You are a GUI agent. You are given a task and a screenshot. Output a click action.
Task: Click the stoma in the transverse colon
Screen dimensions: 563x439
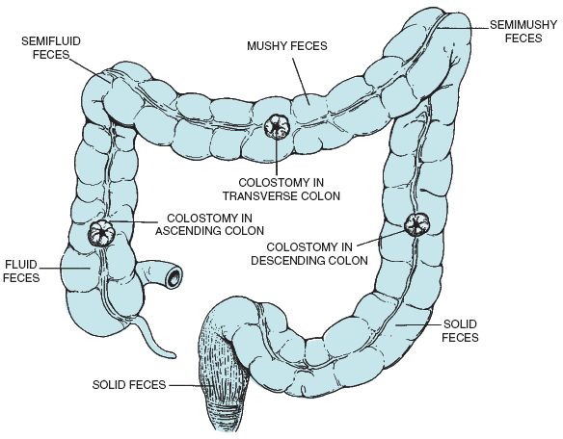pos(277,127)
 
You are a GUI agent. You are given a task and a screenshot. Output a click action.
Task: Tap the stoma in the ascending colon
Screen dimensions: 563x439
pos(101,233)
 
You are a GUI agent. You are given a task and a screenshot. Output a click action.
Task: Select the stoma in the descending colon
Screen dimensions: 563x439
pos(416,224)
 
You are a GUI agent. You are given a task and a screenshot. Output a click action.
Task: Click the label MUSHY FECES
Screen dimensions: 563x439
pos(287,46)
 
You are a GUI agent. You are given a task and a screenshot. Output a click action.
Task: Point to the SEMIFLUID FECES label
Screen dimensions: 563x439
pos(51,48)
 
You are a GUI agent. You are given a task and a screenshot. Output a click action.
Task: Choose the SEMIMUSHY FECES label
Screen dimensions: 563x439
pos(523,31)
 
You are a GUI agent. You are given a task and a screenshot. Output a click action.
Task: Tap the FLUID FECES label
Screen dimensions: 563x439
pos(21,271)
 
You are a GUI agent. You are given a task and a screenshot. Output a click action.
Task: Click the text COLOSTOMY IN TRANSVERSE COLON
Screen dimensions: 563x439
pos(281,190)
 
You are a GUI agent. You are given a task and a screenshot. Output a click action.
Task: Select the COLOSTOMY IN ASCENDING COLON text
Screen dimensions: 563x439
pos(210,224)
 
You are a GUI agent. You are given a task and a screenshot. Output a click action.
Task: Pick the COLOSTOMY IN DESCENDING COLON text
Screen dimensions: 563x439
pos(309,253)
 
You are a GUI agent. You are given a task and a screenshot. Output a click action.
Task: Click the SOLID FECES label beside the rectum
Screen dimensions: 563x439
pos(129,385)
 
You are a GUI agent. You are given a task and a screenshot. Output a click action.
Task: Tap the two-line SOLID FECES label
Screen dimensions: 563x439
pos(460,330)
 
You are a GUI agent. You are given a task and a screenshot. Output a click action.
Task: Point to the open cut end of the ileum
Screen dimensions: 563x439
pos(174,276)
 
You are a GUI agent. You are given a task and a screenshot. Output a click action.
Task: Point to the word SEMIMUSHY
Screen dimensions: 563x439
pos(523,25)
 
